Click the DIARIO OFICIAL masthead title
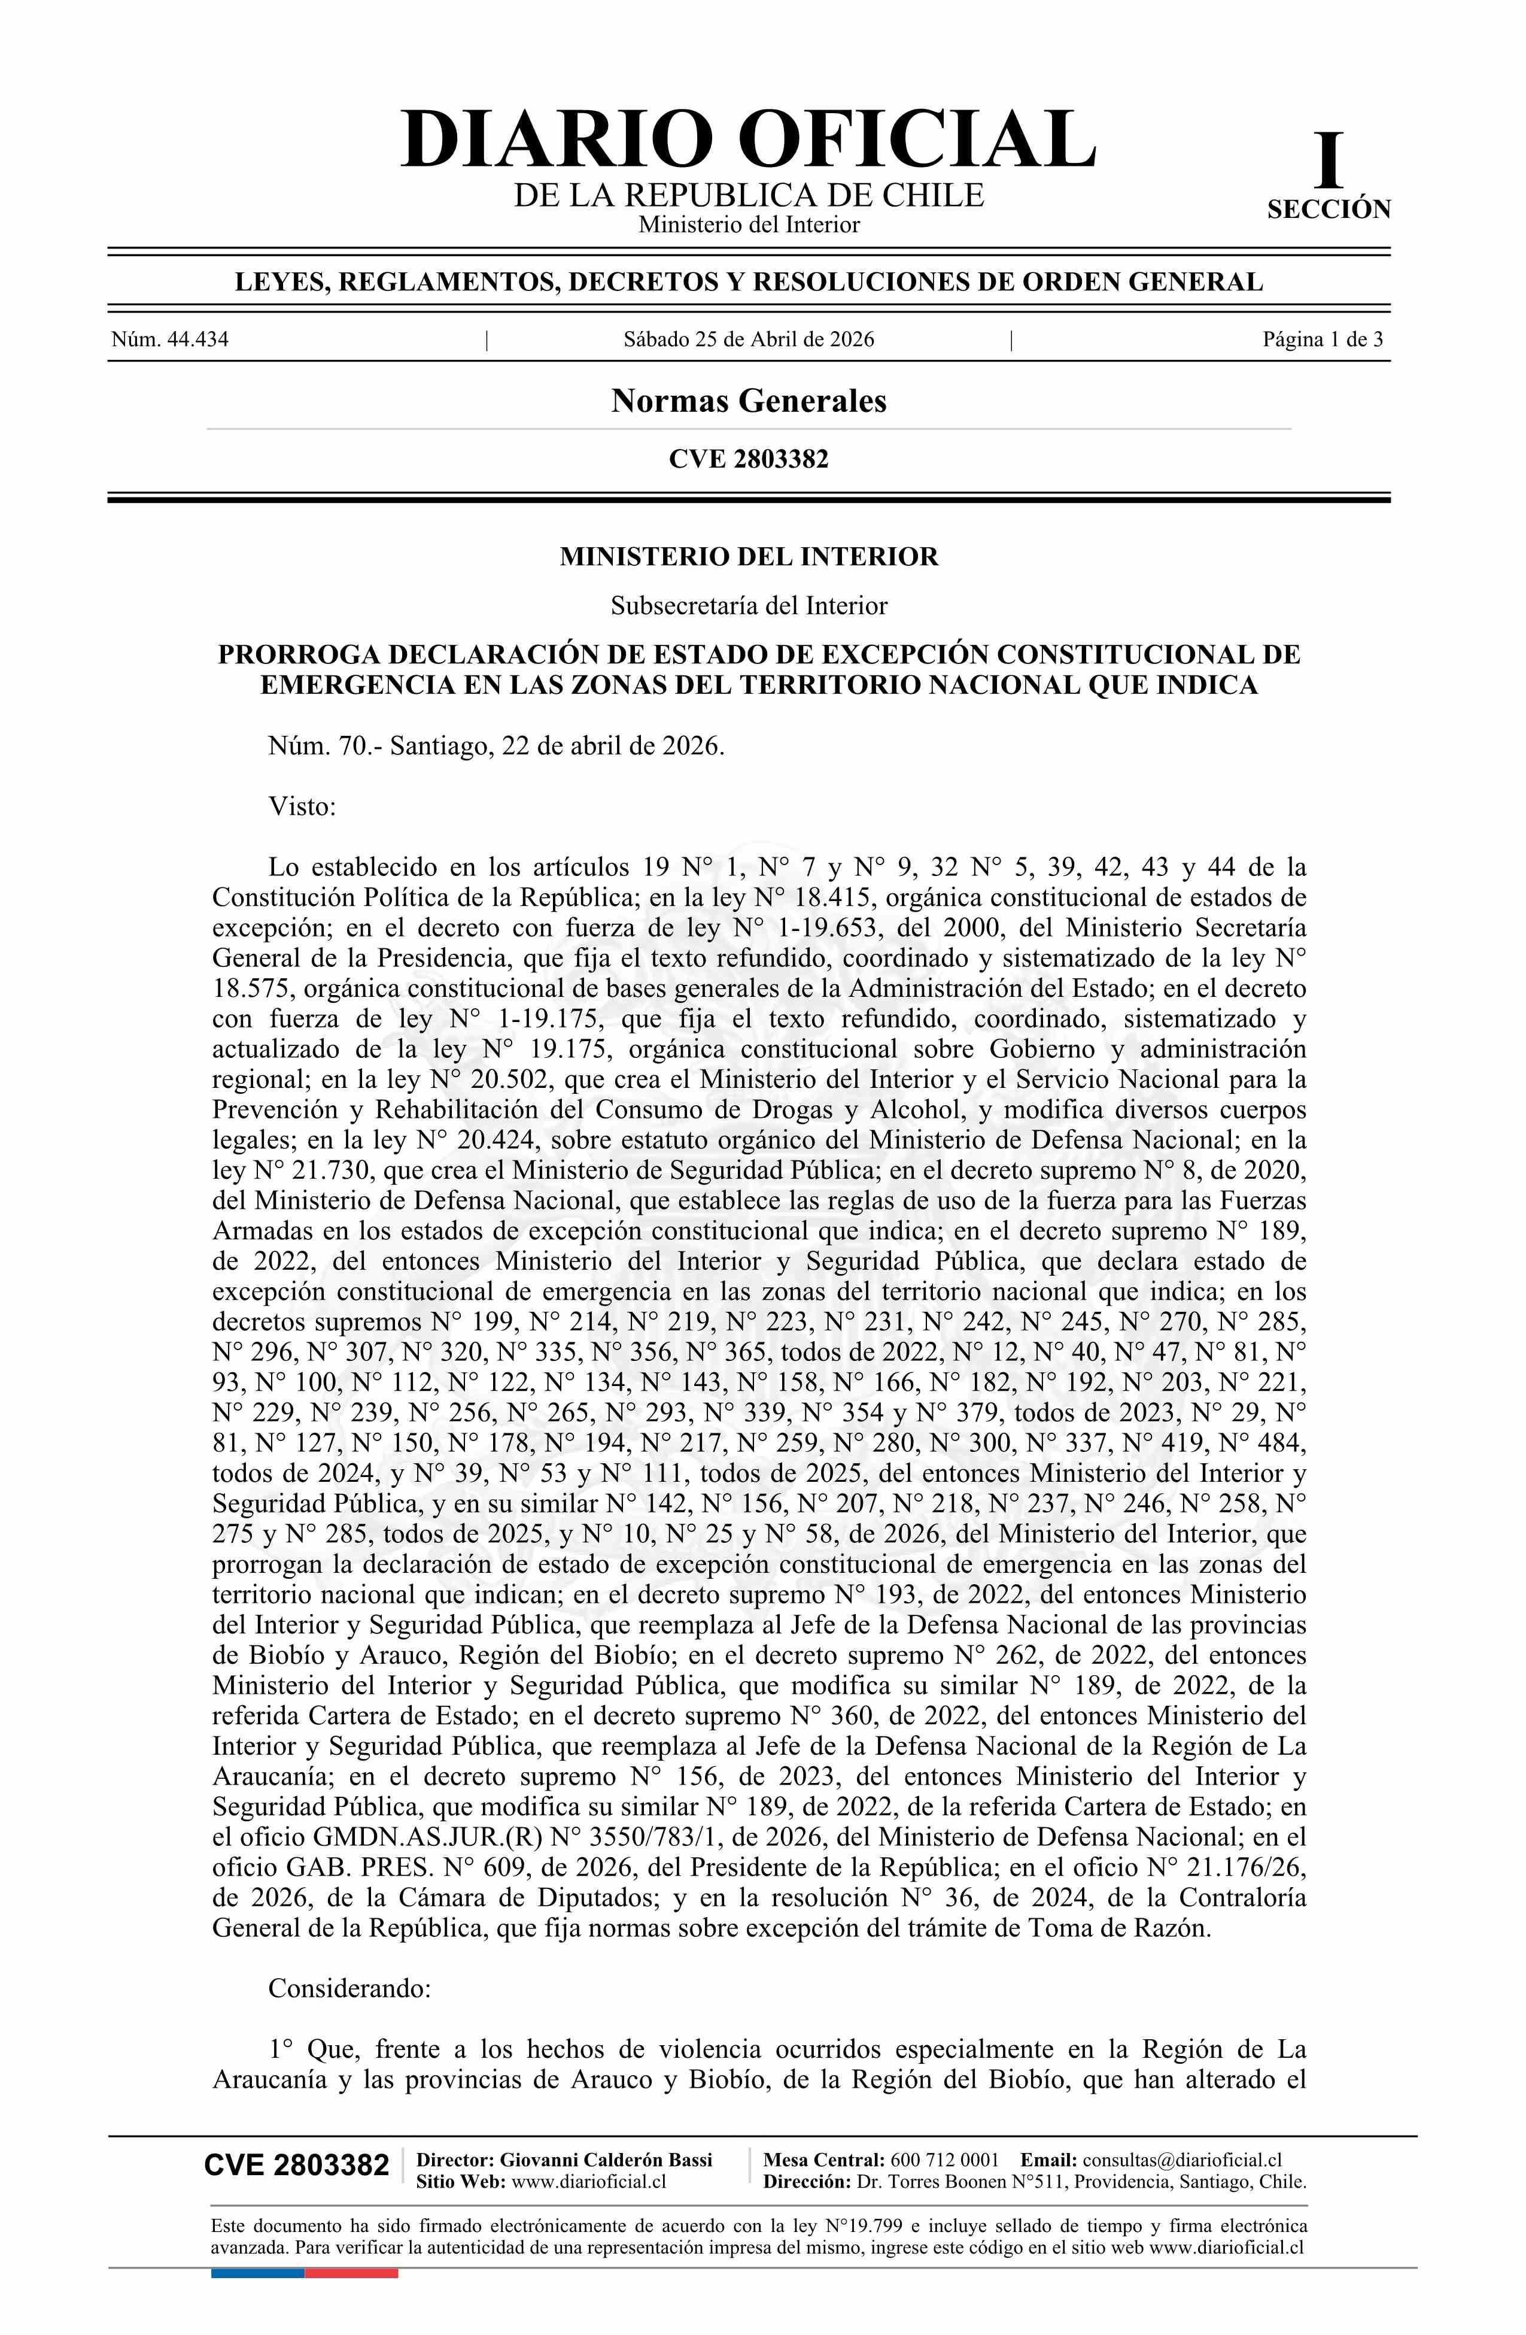[748, 140]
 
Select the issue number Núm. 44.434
[170, 341]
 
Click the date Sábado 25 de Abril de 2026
[748, 341]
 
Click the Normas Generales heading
[748, 401]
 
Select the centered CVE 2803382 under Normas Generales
[748, 459]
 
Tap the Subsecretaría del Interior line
[748, 605]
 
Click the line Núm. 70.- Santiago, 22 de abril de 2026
[496, 745]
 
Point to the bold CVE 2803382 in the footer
[296, 2166]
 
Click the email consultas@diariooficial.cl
[1182, 2160]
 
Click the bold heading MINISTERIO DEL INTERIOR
[748, 557]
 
